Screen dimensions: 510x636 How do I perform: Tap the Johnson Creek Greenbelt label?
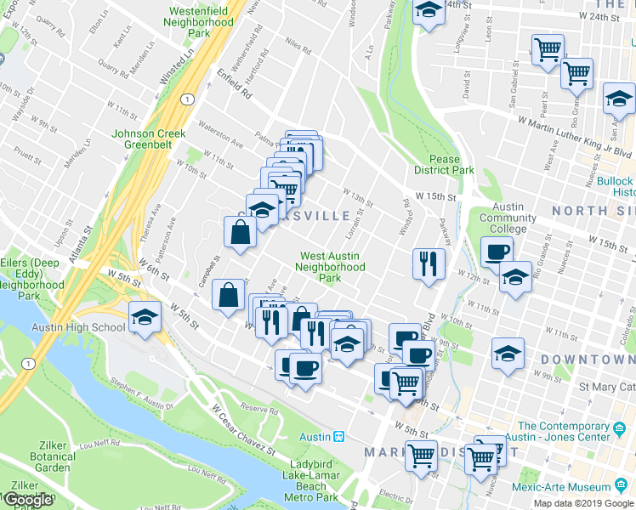tap(149, 139)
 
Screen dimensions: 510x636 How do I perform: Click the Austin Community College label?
tap(508, 218)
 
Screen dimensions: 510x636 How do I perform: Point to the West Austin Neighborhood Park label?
tap(330, 267)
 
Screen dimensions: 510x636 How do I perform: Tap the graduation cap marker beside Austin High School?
tap(145, 319)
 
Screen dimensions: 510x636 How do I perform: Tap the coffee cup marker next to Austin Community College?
tap(497, 251)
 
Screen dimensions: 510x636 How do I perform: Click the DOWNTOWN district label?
tap(587, 360)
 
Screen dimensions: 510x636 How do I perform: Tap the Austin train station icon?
tap(338, 436)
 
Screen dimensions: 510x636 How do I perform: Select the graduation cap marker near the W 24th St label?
tap(429, 12)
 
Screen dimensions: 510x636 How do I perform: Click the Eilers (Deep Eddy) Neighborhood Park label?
tap(30, 279)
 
